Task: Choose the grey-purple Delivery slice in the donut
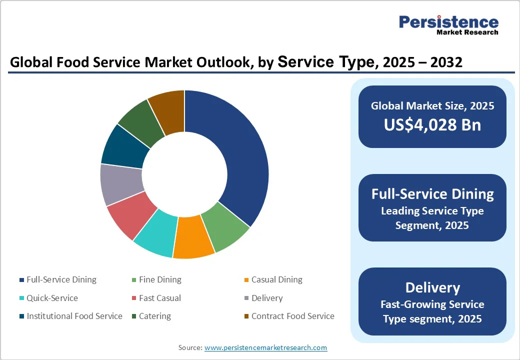tap(121, 183)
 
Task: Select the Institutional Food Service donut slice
tap(123, 147)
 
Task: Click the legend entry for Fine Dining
tap(160, 280)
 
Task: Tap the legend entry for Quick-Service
tap(52, 298)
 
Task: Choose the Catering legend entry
tap(154, 316)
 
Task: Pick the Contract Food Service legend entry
tap(292, 316)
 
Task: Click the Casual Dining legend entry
tap(276, 280)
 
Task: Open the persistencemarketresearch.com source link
tap(265, 347)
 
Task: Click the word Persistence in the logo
tap(448, 22)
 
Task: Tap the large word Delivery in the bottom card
tap(432, 288)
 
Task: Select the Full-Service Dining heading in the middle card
tap(432, 194)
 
